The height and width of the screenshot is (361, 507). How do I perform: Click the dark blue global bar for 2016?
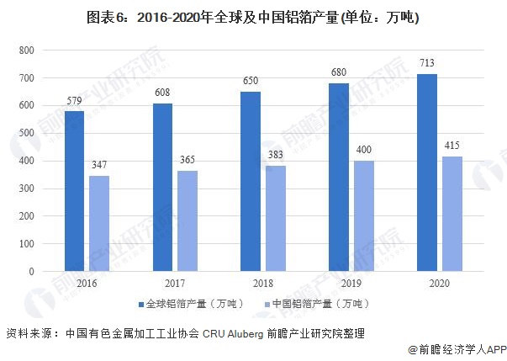point(75,192)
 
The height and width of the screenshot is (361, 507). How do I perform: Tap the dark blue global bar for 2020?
point(427,173)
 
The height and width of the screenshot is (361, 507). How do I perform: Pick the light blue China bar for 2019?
point(363,216)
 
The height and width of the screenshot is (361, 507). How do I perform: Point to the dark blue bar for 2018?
point(251,182)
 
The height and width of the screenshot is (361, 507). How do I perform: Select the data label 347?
point(99,164)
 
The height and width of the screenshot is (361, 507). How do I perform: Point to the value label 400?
point(363,149)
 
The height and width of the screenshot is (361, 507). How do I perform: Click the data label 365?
point(187,159)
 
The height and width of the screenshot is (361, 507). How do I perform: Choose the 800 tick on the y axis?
point(25,50)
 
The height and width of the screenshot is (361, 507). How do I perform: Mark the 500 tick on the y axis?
point(25,133)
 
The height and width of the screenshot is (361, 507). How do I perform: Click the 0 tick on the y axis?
point(30,271)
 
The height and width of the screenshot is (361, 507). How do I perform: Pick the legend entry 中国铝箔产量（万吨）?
point(315,303)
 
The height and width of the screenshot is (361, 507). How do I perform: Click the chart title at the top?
point(253,17)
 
